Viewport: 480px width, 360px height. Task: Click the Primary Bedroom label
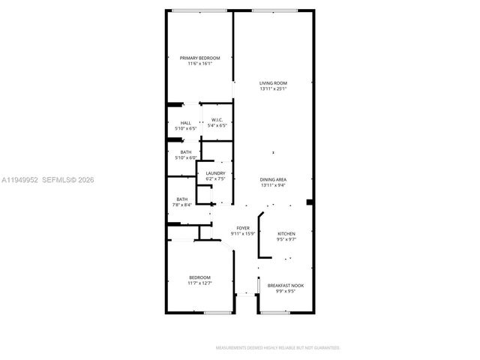199,58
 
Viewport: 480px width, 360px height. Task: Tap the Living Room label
274,82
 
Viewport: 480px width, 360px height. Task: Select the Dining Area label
274,179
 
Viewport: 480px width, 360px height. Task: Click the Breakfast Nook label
286,285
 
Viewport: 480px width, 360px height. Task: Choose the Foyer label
243,227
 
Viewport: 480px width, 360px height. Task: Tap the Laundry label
215,173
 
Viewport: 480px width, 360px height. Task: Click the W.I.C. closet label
217,121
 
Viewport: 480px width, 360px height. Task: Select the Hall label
185,123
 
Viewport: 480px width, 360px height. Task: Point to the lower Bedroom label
199,277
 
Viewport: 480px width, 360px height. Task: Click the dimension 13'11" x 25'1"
274,88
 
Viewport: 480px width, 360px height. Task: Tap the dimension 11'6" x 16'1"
199,64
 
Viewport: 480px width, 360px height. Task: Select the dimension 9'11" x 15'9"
243,233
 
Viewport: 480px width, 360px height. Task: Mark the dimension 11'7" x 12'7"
199,283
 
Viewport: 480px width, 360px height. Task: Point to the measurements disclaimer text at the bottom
277,348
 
